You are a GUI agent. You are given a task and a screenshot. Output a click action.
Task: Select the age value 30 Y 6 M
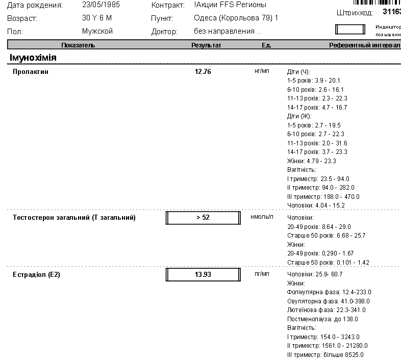[96, 18]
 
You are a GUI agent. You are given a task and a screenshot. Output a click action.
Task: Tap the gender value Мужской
[97, 31]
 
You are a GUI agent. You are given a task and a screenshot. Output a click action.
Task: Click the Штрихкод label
[355, 12]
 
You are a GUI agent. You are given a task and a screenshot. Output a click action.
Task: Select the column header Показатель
[78, 45]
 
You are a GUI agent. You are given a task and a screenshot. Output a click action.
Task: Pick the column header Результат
[206, 45]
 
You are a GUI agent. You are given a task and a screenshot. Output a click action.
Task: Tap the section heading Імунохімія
[33, 58]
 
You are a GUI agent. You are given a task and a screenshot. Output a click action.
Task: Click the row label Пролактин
[30, 72]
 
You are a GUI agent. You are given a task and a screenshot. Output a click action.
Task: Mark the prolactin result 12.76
[203, 72]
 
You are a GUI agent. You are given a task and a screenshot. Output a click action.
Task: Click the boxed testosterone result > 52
[203, 218]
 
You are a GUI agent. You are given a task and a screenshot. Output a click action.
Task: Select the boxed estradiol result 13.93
[203, 275]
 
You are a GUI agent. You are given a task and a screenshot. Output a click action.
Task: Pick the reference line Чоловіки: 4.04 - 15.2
[316, 205]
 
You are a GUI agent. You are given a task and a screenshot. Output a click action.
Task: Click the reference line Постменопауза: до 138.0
[323, 319]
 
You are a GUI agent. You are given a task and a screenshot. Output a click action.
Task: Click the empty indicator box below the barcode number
[350, 29]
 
